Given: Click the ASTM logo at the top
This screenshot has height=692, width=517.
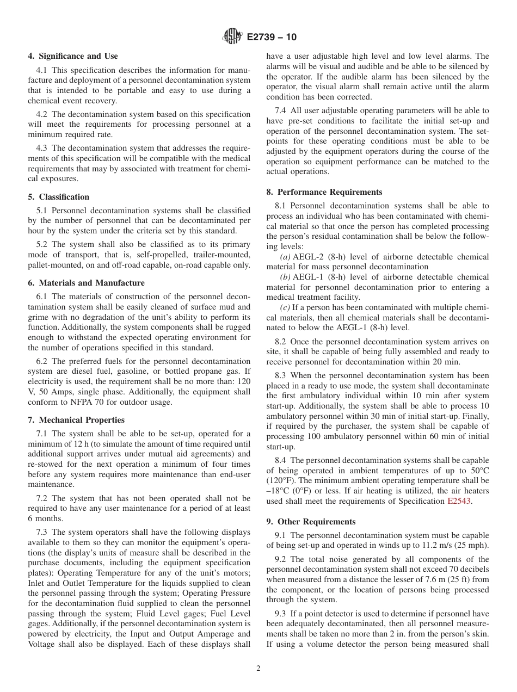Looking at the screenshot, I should pyautogui.click(x=232, y=37).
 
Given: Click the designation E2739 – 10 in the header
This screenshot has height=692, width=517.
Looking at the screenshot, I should pyautogui.click(x=272, y=38).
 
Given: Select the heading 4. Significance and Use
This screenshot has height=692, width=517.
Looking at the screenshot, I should pyautogui.click(x=73, y=56).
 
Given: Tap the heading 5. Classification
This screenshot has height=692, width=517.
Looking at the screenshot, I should pyautogui.click(x=59, y=197).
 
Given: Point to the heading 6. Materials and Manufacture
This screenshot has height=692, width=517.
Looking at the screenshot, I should pyautogui.click(x=86, y=283).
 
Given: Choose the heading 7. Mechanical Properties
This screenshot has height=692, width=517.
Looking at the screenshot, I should pyautogui.click(x=76, y=420).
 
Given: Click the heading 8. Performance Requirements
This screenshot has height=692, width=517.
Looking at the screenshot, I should pyautogui.click(x=324, y=192).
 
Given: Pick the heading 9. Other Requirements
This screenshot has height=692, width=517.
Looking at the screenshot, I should pyautogui.click(x=311, y=522).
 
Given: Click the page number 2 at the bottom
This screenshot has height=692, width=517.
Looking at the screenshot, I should pyautogui.click(x=258, y=669).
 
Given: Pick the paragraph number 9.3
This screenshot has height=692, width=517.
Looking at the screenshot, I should pyautogui.click(x=281, y=614).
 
